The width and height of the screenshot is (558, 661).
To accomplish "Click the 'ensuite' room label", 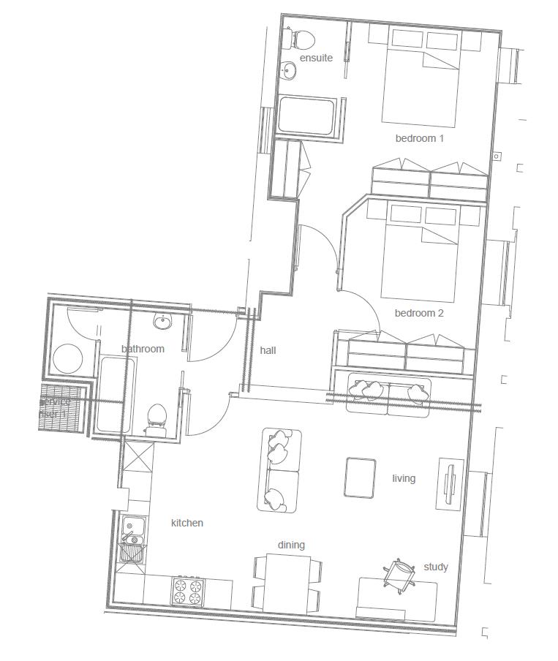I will pyautogui.click(x=316, y=58).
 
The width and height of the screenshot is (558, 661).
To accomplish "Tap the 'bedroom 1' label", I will pyautogui.click(x=420, y=138).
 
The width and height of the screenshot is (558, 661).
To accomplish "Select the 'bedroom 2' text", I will pyautogui.click(x=419, y=314).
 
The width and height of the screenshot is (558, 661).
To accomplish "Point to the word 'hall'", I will pyautogui.click(x=268, y=350).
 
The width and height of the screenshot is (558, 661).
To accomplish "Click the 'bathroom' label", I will pyautogui.click(x=143, y=349).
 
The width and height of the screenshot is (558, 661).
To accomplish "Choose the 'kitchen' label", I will pyautogui.click(x=187, y=523).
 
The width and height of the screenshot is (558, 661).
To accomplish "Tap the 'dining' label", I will pyautogui.click(x=291, y=545).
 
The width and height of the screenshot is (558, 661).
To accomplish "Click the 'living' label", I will pyautogui.click(x=404, y=478).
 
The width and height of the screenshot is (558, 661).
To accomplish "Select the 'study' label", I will pyautogui.click(x=436, y=567).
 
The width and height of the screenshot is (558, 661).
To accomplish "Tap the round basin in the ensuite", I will pyautogui.click(x=290, y=71).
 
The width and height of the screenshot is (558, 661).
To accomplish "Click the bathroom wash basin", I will pyautogui.click(x=162, y=322).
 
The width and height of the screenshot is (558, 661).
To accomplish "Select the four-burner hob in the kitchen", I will pyautogui.click(x=187, y=591).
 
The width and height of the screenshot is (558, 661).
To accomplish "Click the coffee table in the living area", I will pyautogui.click(x=360, y=477).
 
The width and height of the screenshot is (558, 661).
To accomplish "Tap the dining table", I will pyautogui.click(x=287, y=583).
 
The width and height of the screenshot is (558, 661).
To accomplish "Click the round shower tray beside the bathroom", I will pyautogui.click(x=70, y=358).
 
